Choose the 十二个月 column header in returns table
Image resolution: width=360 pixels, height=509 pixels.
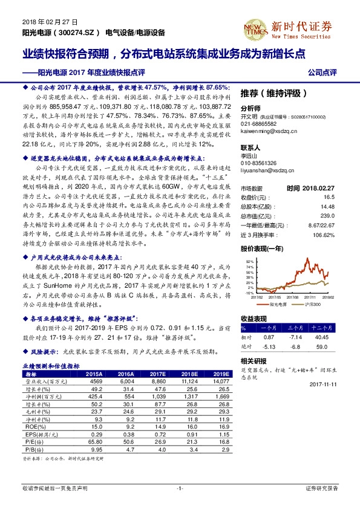[321, 326]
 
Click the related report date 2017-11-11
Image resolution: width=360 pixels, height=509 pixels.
[326, 382]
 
